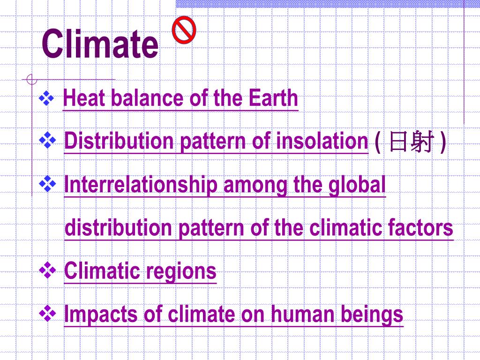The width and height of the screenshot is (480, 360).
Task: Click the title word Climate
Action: [100, 44]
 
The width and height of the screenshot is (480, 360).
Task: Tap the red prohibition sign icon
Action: [184, 30]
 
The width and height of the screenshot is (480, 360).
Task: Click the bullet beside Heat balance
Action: [46, 98]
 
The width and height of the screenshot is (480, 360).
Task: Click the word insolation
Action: [322, 141]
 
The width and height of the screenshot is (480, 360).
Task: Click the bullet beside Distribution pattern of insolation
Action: [47, 141]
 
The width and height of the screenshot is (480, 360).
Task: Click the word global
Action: [357, 184]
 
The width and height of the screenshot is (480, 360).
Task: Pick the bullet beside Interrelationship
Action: [47, 184]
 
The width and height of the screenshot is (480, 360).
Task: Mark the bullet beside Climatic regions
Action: [47, 270]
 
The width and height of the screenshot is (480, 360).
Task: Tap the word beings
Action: [372, 315]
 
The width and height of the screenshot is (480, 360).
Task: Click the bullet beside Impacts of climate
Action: [47, 314]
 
